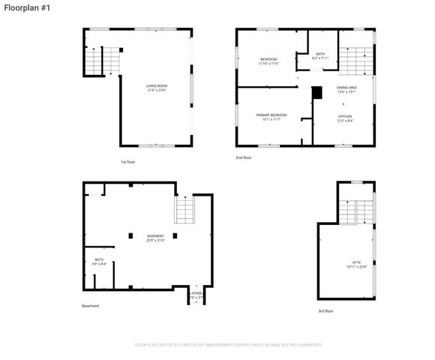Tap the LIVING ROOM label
(x=157, y=88)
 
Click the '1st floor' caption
(x=127, y=162)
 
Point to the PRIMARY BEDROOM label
(x=271, y=116)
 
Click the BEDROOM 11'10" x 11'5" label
(x=268, y=61)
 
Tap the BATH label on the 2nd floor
(x=320, y=55)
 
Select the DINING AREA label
(x=346, y=89)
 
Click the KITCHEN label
(x=344, y=118)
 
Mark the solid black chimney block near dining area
(x=316, y=92)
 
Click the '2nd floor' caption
(x=243, y=157)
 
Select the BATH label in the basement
(x=99, y=262)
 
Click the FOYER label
(x=196, y=295)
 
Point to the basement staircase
(x=184, y=210)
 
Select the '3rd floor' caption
(x=325, y=310)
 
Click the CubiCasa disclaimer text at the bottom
(x=228, y=345)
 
